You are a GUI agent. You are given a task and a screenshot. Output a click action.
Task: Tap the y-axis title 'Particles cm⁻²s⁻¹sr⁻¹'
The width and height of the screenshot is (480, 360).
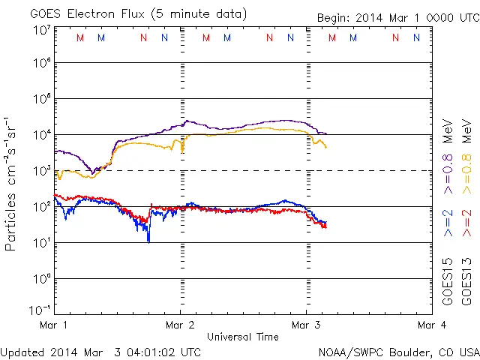point(12,183)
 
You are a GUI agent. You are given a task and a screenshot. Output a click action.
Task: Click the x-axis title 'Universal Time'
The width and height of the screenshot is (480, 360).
point(242,337)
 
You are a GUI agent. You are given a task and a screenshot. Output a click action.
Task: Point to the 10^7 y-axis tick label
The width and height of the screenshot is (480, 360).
point(41,31)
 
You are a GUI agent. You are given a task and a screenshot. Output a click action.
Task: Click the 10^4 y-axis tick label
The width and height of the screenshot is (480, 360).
point(41,135)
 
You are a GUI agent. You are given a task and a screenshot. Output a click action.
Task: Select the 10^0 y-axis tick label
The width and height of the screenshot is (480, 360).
point(41,279)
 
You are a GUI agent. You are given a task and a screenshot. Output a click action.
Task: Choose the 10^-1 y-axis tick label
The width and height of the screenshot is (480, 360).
point(40,310)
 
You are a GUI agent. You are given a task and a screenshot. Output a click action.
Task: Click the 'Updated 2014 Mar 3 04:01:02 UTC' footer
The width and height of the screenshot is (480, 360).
point(100,351)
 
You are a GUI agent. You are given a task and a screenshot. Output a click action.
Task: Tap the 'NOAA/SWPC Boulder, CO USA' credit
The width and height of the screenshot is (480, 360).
point(398,351)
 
